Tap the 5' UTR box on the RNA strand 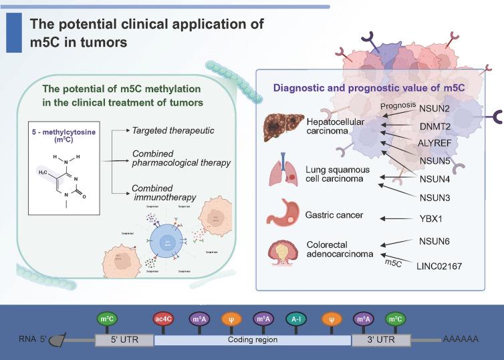(124, 339)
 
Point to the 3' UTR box (382, 339)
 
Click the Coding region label (252, 339)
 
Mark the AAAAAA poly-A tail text (461, 339)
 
